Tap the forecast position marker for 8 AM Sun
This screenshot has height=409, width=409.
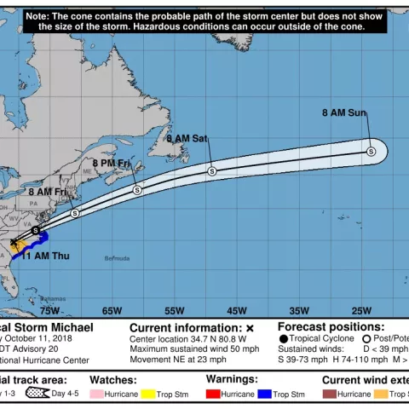pyautogui.click(x=371, y=152)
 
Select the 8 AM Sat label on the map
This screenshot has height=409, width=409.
pyautogui.click(x=187, y=138)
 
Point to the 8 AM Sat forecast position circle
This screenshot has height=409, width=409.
pyautogui.click(x=212, y=171)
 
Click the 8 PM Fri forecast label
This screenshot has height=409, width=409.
pyautogui.click(x=111, y=163)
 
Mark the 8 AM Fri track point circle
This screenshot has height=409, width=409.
pyautogui.click(x=75, y=213)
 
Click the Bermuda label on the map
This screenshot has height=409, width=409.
pyautogui.click(x=118, y=257)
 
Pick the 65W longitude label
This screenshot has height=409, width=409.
pyautogui.click(x=112, y=311)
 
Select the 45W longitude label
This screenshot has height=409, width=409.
pyautogui.click(x=237, y=311)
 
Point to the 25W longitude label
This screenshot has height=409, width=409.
pyautogui.click(x=361, y=311)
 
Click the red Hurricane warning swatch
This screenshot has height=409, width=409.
pyautogui.click(x=213, y=395)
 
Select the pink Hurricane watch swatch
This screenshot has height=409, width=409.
pyautogui.click(x=96, y=395)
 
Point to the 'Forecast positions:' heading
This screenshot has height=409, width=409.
pyautogui.click(x=331, y=326)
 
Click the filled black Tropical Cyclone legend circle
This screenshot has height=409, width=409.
pyautogui.click(x=283, y=338)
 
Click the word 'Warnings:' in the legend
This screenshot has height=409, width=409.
pyautogui.click(x=232, y=378)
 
